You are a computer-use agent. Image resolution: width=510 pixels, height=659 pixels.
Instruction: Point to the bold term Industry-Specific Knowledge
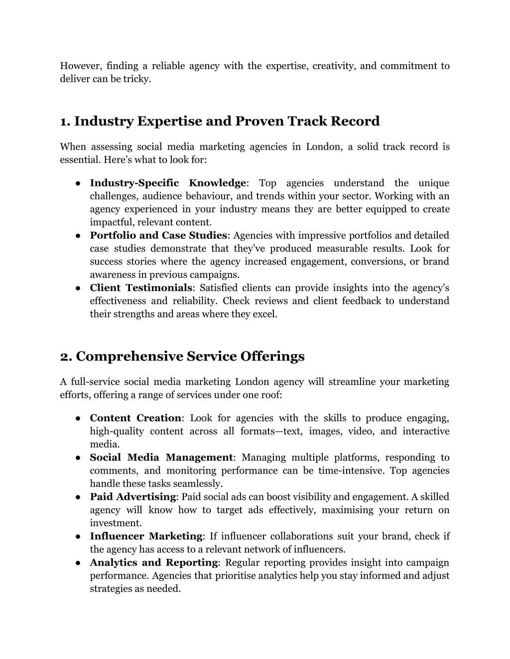[168, 183]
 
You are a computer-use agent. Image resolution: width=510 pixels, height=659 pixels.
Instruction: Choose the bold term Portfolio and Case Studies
[158, 235]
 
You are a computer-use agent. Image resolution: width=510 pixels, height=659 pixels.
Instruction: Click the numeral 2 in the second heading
[65, 357]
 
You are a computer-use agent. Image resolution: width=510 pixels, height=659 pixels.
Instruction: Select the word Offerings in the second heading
[272, 357]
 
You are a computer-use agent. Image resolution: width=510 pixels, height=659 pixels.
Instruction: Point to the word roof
[271, 395]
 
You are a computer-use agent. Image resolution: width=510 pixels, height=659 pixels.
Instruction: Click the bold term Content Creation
[135, 418]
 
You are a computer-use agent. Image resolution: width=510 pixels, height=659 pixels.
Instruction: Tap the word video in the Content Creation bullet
[360, 431]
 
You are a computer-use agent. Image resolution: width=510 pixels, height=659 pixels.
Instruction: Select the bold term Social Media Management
[161, 458]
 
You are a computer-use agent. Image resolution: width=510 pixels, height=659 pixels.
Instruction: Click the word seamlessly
[198, 483]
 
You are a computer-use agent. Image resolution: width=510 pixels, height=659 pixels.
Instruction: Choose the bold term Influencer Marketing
[146, 536]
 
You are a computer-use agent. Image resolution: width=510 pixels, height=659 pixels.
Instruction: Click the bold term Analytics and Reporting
[154, 563]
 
